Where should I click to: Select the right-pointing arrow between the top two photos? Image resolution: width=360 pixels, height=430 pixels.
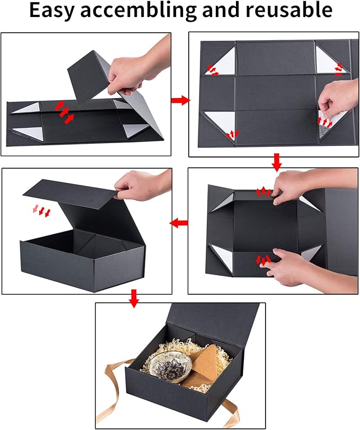click(181, 100)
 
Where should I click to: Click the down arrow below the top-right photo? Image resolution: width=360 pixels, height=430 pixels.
click(276, 162)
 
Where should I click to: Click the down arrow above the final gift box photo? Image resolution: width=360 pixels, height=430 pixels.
click(134, 299)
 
